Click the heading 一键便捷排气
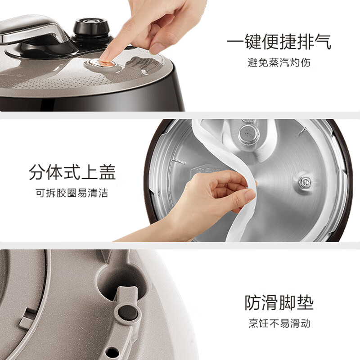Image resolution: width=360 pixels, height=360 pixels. pyautogui.click(x=279, y=42)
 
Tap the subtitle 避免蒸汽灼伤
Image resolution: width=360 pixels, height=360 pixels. pyautogui.click(x=279, y=63)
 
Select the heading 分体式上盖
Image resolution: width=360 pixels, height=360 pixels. pyautogui.click(x=72, y=172)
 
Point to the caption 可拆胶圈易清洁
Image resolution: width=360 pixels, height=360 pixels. pyautogui.click(x=72, y=193)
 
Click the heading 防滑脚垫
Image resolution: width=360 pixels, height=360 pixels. pyautogui.click(x=279, y=303)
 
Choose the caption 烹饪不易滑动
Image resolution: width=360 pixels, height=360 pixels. pyautogui.click(x=279, y=323)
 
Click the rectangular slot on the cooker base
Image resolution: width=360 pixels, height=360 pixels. pyautogui.click(x=28, y=319)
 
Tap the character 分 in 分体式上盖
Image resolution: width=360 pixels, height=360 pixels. pyautogui.click(x=37, y=172)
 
